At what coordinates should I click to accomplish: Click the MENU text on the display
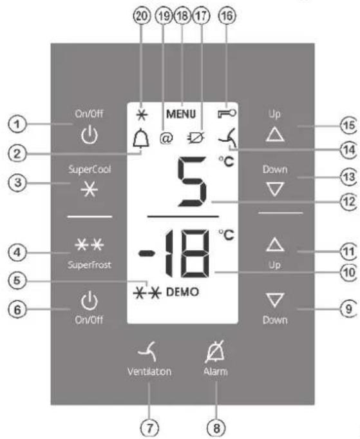(x=181, y=114)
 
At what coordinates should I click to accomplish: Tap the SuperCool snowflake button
(x=90, y=190)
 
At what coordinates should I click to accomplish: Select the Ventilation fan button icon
(x=148, y=351)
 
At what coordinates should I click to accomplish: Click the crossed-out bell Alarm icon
(x=215, y=351)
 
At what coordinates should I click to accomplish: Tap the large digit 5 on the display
(x=193, y=181)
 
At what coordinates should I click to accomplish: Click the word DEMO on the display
(x=182, y=292)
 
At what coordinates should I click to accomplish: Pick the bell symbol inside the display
(x=141, y=139)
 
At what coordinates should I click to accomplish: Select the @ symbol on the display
(x=166, y=139)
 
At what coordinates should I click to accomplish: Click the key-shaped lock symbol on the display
(x=227, y=113)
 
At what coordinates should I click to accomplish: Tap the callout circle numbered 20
(x=141, y=16)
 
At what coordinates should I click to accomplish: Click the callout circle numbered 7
(x=149, y=428)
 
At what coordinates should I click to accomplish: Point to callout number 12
(x=348, y=202)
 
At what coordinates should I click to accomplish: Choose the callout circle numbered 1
(x=17, y=124)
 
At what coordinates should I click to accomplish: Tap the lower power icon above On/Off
(x=90, y=300)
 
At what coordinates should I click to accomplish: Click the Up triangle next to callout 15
(x=275, y=134)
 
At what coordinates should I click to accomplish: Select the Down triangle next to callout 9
(x=275, y=300)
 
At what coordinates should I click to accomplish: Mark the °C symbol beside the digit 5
(x=226, y=162)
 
